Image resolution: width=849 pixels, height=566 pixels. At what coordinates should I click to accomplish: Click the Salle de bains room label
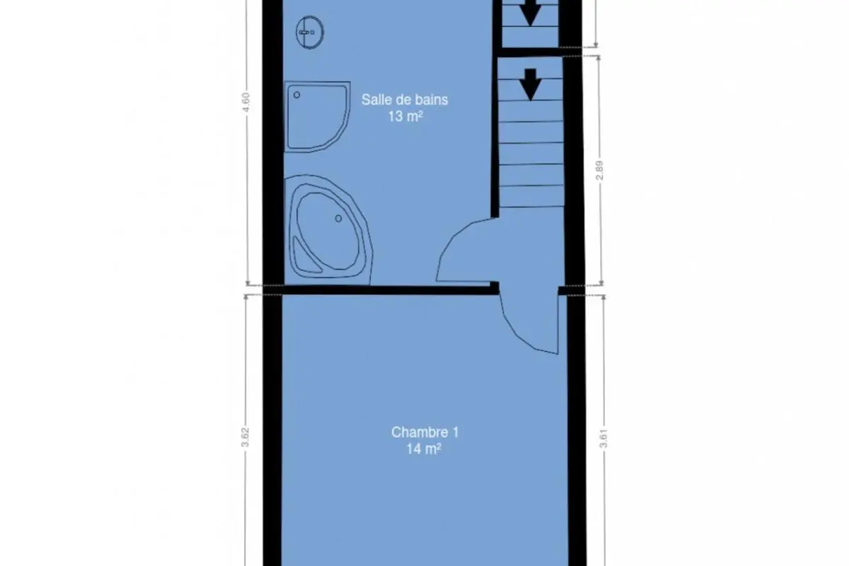405,100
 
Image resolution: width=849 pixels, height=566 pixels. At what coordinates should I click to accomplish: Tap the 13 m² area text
405,117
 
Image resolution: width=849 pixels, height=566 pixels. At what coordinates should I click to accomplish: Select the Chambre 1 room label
425,432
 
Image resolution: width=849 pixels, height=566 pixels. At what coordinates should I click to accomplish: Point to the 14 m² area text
424,449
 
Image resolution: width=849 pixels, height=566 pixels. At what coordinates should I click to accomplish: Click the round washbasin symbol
310,33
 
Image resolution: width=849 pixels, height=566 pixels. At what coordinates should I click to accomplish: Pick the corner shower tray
317,117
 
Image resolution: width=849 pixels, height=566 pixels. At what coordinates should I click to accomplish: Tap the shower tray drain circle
296,95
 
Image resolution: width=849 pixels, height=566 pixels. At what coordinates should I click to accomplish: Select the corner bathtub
328,230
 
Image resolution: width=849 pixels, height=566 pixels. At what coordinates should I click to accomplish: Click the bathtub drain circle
338,219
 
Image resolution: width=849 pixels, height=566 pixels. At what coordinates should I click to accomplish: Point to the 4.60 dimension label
246,103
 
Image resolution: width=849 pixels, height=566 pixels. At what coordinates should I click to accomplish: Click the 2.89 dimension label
600,171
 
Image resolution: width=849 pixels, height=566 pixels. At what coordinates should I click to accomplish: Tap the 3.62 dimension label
246,437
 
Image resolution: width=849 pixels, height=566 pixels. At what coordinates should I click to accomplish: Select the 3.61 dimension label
603,438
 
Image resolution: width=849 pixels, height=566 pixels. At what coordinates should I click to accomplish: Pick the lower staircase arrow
531,84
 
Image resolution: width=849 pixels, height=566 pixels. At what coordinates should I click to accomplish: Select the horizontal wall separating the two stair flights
531,52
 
